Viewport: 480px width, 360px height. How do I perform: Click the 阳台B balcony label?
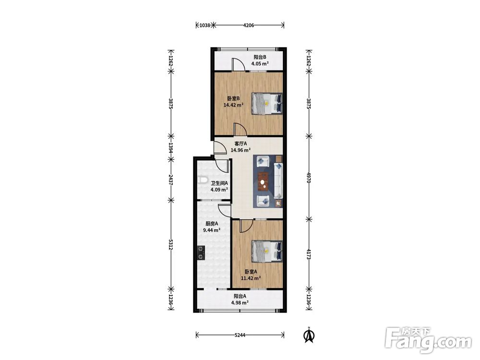(260, 57)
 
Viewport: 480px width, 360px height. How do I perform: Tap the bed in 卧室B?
(266, 104)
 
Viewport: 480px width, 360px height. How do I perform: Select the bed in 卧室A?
(266, 252)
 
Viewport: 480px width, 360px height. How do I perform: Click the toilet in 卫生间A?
(203, 180)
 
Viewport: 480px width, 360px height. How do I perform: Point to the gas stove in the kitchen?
(201, 253)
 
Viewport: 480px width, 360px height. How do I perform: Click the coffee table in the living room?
(263, 182)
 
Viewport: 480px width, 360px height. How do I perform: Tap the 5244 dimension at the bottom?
(240, 335)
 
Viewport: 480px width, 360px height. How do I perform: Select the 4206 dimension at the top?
(249, 25)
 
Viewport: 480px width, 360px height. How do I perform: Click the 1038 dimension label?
(205, 25)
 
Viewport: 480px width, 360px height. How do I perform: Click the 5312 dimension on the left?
(171, 244)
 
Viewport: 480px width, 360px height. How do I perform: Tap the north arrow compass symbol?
(309, 335)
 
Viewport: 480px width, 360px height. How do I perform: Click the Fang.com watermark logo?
(428, 339)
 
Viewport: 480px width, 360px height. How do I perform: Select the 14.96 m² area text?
(240, 150)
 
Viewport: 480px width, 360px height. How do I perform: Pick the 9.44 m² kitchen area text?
(212, 230)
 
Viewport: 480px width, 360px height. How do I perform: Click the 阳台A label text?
(240, 296)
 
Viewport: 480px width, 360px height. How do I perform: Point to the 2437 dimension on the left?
(171, 180)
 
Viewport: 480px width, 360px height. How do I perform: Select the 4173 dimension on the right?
(309, 254)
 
